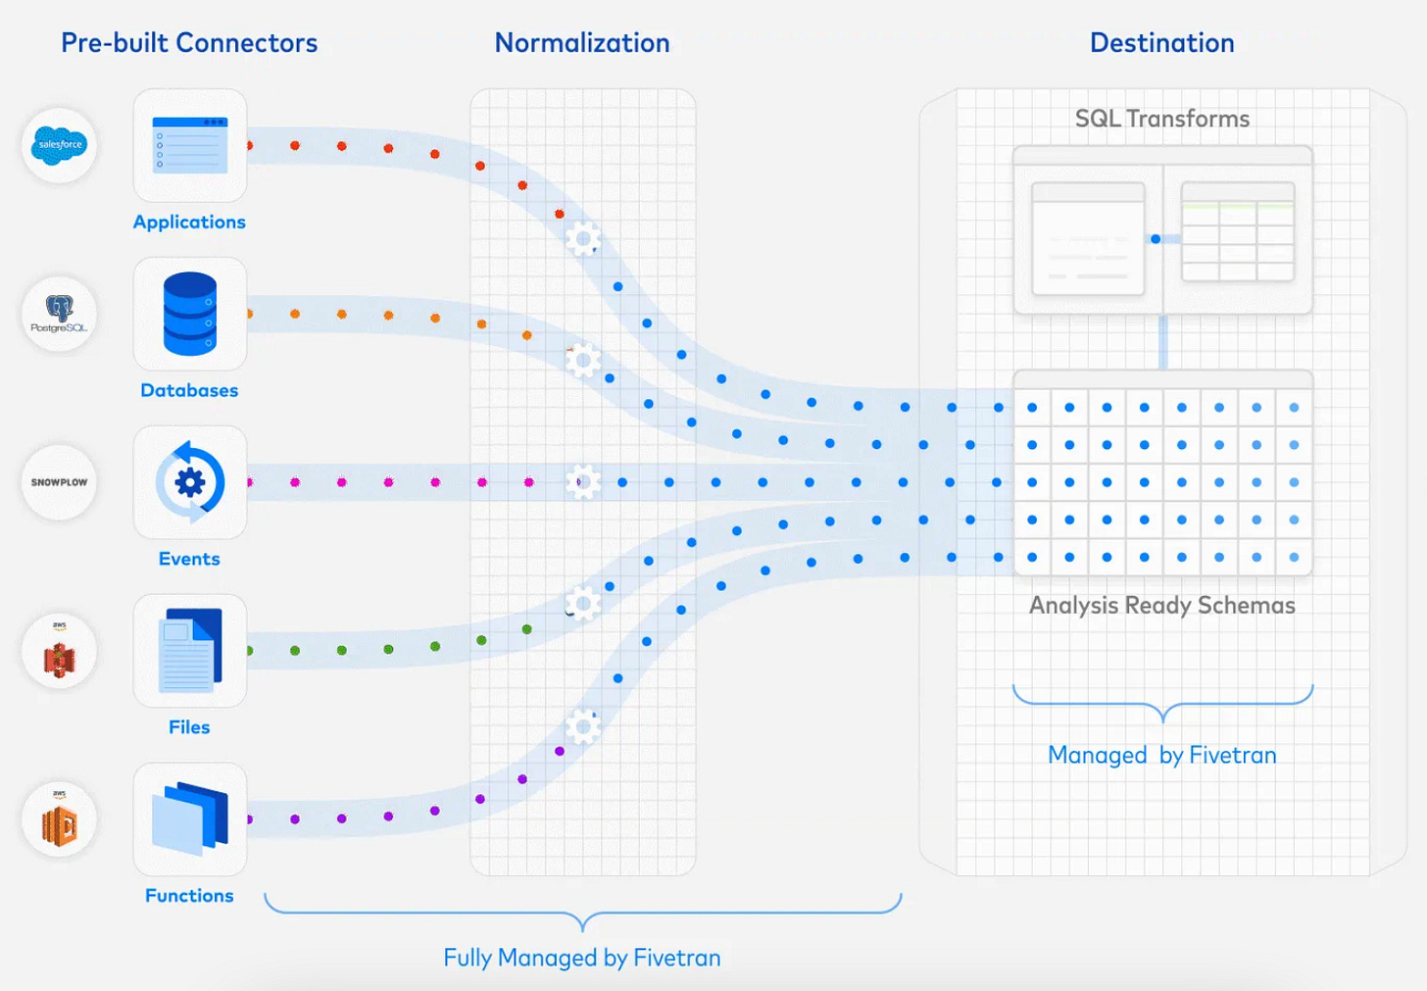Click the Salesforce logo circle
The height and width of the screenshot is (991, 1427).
pos(60,145)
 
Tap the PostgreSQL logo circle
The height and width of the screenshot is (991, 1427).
pos(60,314)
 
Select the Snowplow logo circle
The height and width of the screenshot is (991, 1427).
pos(60,482)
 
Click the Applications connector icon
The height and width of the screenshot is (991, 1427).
pos(190,145)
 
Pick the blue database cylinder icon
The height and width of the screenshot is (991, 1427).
pos(190,314)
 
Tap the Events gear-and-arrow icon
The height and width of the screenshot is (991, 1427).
pos(190,482)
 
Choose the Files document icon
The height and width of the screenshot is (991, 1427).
pos(190,650)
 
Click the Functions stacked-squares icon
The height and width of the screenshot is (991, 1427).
pos(190,818)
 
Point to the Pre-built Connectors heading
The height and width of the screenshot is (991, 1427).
pos(189,43)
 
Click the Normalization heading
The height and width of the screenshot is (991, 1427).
pos(582,43)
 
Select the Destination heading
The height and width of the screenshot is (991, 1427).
pos(1162,43)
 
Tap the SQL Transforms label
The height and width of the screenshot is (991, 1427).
pos(1162,119)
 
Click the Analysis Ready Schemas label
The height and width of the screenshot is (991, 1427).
pos(1162,605)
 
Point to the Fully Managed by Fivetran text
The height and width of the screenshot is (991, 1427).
pos(582,958)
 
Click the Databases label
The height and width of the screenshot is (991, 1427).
pos(189,390)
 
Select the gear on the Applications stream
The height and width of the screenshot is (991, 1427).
pos(583,238)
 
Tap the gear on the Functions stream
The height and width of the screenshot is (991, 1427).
pos(583,726)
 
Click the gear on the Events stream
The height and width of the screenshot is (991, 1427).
pos(583,482)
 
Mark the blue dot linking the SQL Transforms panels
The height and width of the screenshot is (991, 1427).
pos(1156,239)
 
